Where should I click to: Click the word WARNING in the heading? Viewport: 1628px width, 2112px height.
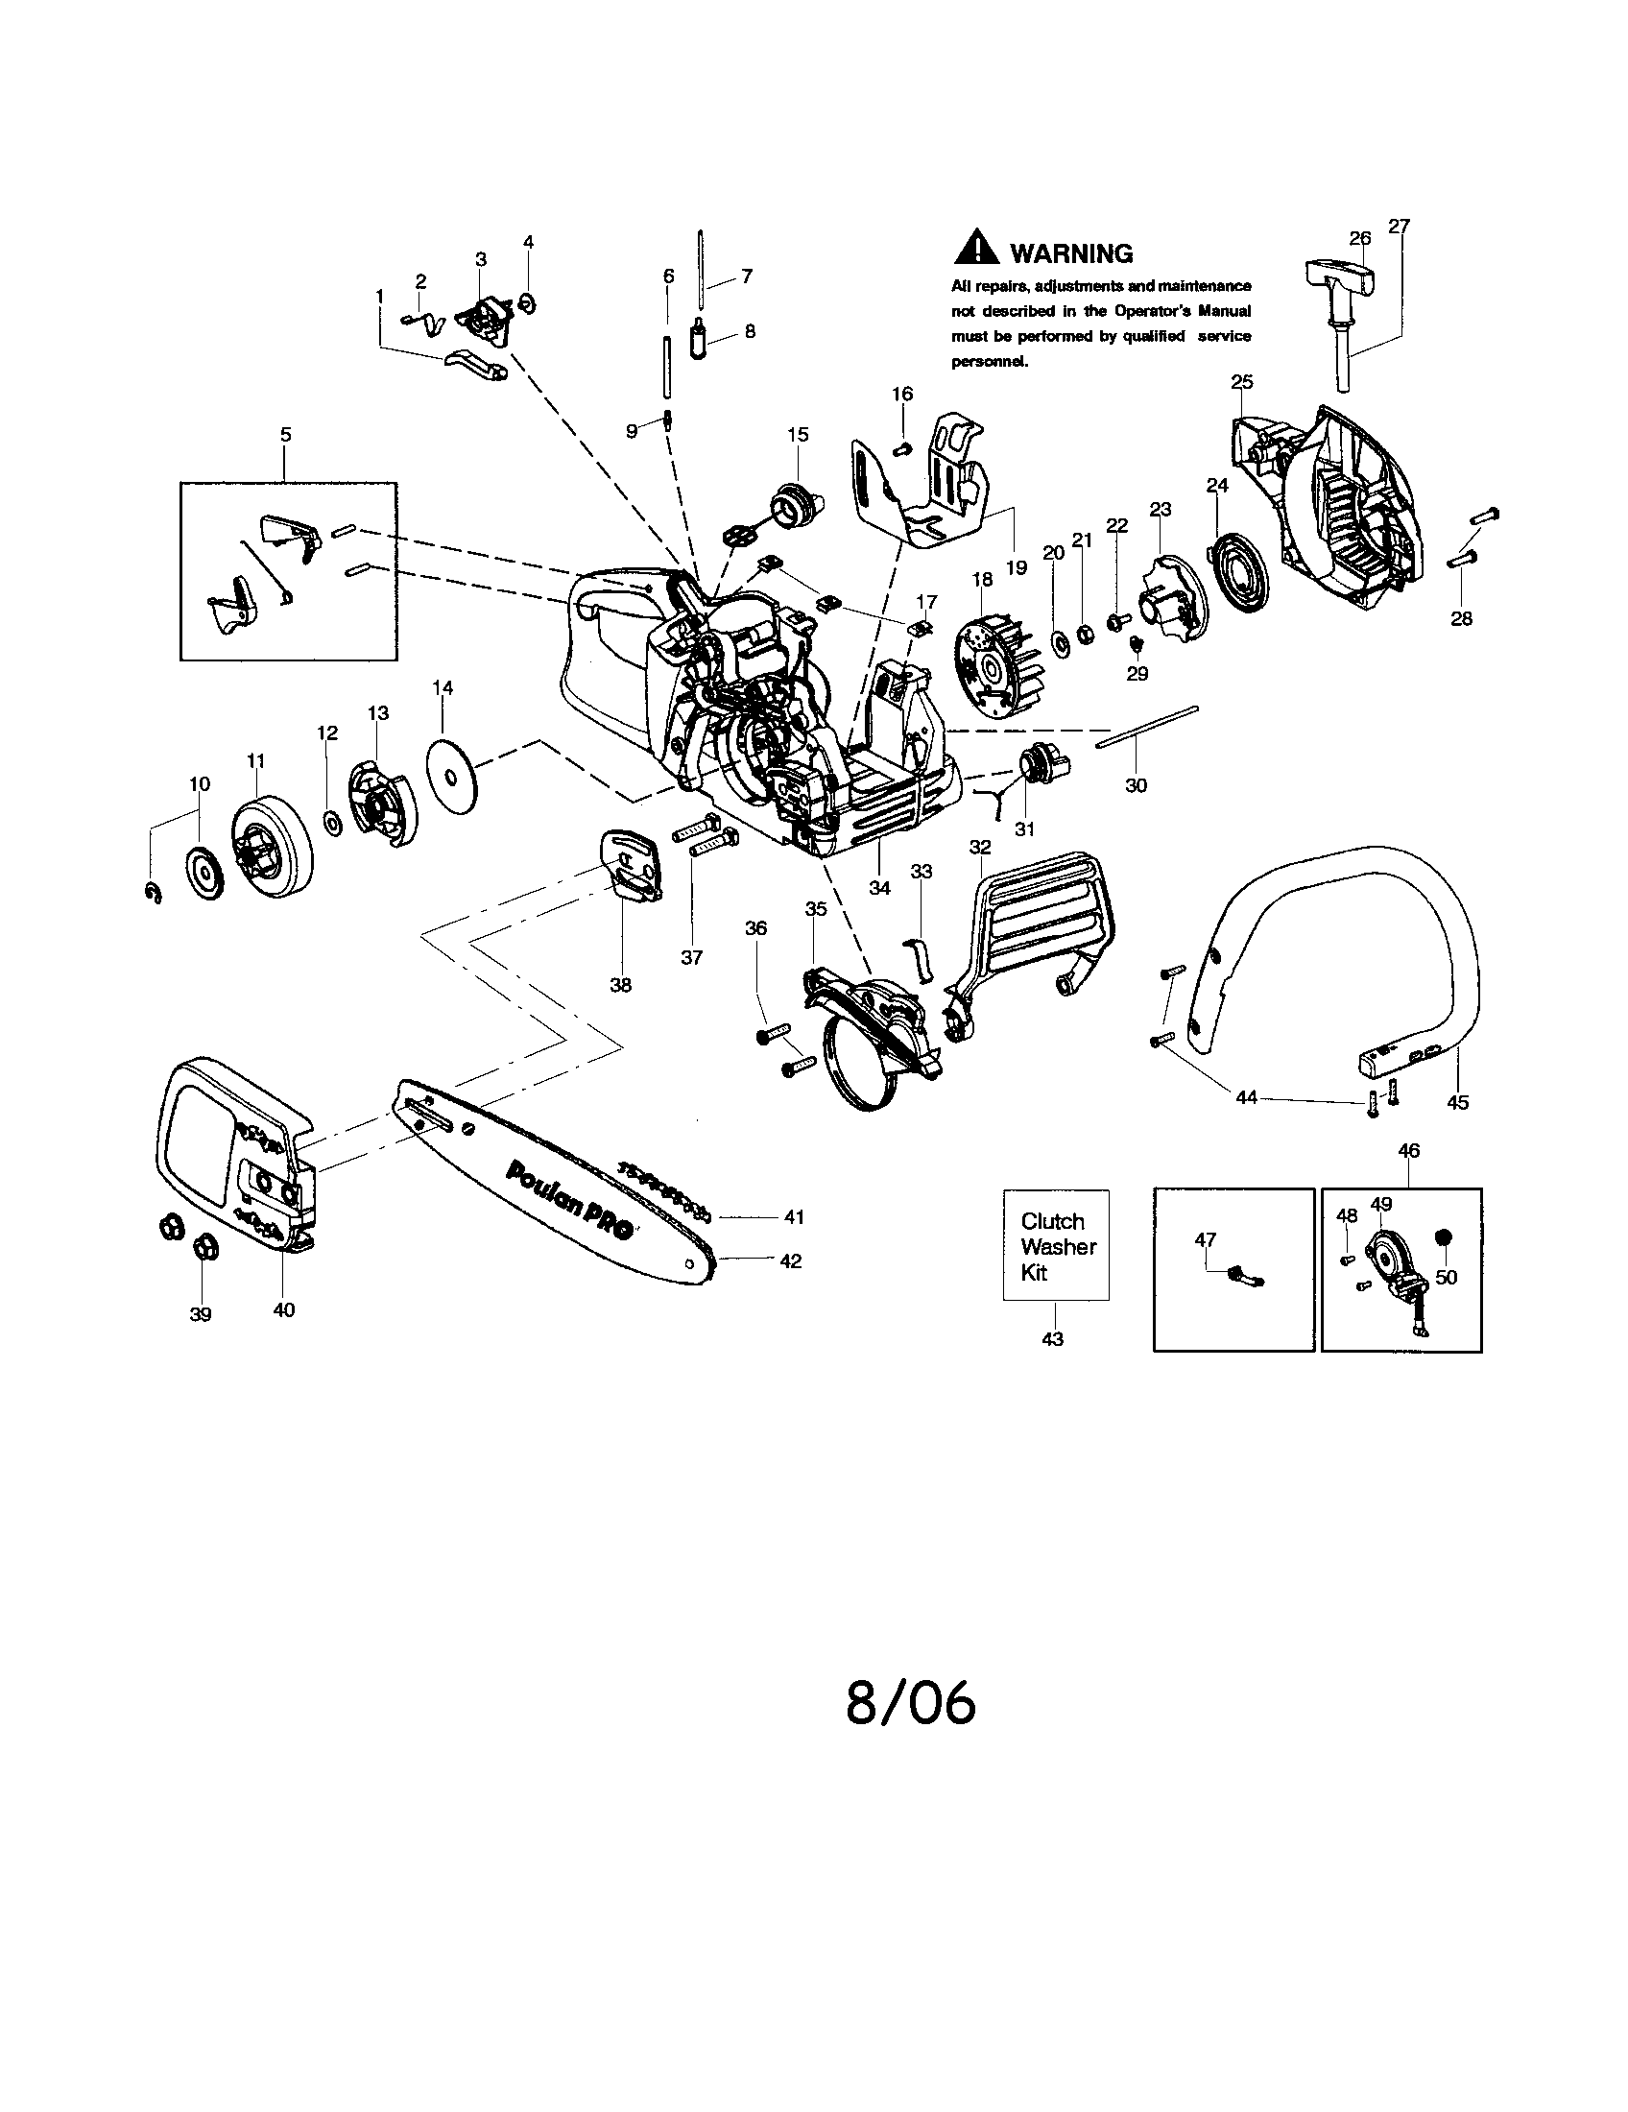1071,254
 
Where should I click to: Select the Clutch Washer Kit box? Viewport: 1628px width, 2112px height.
1056,1245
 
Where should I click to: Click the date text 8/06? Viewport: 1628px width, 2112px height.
911,1730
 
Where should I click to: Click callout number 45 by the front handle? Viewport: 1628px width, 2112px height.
1457,1101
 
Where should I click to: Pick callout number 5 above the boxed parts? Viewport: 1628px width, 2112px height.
285,434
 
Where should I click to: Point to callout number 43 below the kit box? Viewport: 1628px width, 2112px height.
1052,1338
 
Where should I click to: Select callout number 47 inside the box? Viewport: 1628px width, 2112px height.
1205,1239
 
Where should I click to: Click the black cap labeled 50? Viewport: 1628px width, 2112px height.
1445,1237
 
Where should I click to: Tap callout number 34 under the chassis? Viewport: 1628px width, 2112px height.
878,887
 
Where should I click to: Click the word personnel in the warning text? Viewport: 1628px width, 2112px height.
989,362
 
